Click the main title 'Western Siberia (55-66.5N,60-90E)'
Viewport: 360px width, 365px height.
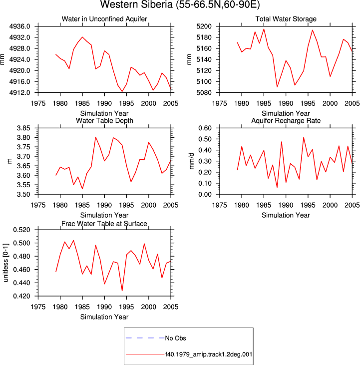(x=180, y=4)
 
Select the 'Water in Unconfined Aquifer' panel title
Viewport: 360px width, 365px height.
(x=104, y=19)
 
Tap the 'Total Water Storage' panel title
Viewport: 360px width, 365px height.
(x=286, y=19)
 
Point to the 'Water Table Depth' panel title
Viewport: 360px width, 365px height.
(x=104, y=120)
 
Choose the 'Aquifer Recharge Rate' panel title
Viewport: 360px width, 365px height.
(x=286, y=120)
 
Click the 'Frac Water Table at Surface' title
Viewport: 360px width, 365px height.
(x=104, y=224)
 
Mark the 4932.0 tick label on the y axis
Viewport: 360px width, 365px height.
(x=20, y=37)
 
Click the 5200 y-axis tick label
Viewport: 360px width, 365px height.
(x=204, y=26)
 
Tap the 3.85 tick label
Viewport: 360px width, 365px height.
(x=23, y=128)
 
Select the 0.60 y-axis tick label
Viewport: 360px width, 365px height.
(x=205, y=128)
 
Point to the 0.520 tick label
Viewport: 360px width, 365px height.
(x=21, y=230)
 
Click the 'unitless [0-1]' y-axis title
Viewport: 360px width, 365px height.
(x=5, y=263)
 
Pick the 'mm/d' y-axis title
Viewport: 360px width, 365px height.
(x=191, y=161)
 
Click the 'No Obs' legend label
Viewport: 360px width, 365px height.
(x=175, y=338)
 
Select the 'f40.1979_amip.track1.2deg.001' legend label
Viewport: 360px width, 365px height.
(x=209, y=355)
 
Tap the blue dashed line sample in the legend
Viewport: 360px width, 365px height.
(x=145, y=338)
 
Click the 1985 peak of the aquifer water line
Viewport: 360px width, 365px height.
(x=82, y=37)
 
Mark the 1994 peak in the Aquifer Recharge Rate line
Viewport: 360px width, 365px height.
(x=304, y=138)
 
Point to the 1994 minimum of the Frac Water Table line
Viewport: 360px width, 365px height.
(x=122, y=291)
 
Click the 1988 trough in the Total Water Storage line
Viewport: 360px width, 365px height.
(x=277, y=87)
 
